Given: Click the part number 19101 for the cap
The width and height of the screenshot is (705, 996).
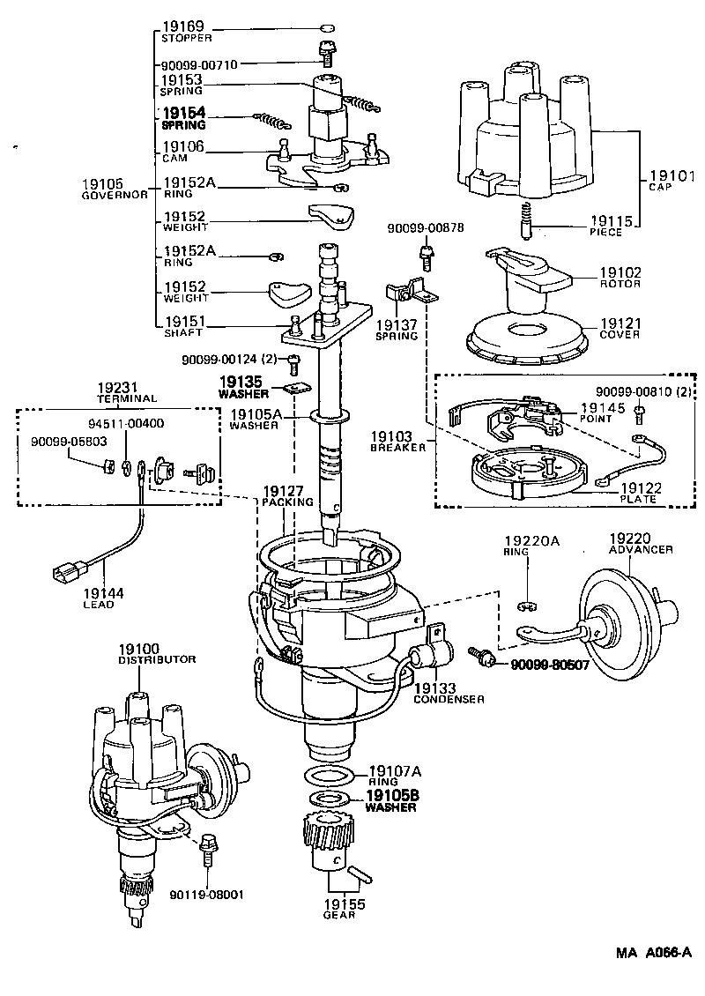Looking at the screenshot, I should [669, 175].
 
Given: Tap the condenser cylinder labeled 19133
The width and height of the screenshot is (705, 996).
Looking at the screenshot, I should [428, 657].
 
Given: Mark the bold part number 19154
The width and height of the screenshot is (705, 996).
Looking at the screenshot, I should [182, 114].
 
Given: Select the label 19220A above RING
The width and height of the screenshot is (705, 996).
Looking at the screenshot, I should [531, 540].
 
